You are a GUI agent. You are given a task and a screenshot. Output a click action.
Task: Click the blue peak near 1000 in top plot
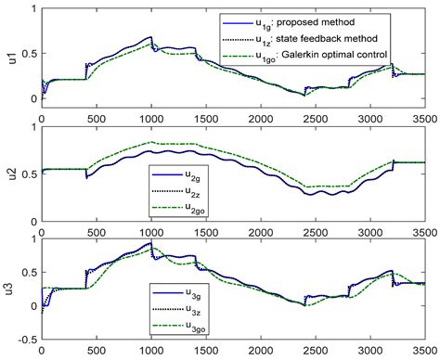[x=150, y=37]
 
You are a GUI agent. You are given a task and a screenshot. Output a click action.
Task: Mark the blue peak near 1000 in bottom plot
[x=150, y=243]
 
